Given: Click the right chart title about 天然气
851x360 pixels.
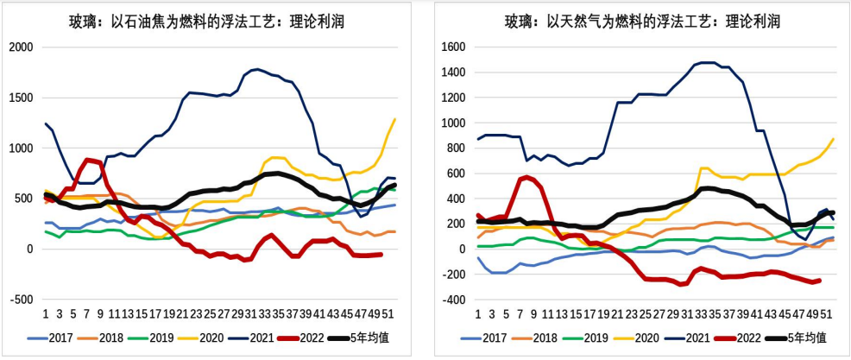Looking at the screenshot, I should (x=637, y=22).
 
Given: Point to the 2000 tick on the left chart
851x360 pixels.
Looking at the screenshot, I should (x=22, y=47).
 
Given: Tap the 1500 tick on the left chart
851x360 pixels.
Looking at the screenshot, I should (x=22, y=98).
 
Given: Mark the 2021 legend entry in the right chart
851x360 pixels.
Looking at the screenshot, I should (x=696, y=337).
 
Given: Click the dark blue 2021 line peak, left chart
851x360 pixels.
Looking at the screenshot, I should (x=255, y=69).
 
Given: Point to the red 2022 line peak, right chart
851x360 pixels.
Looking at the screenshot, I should (x=526, y=177).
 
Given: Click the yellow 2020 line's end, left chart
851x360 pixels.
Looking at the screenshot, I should (x=395, y=119).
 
